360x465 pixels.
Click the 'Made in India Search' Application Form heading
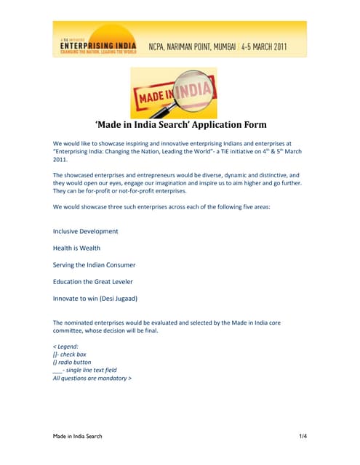[180, 124]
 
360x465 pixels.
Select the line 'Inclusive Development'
[86, 231]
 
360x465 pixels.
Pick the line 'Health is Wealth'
[76, 248]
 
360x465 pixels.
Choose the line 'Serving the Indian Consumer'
[94, 264]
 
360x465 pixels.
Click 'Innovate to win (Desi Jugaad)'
[95, 298]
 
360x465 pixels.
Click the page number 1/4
[303, 436]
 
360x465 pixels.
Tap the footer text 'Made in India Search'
[78, 436]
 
